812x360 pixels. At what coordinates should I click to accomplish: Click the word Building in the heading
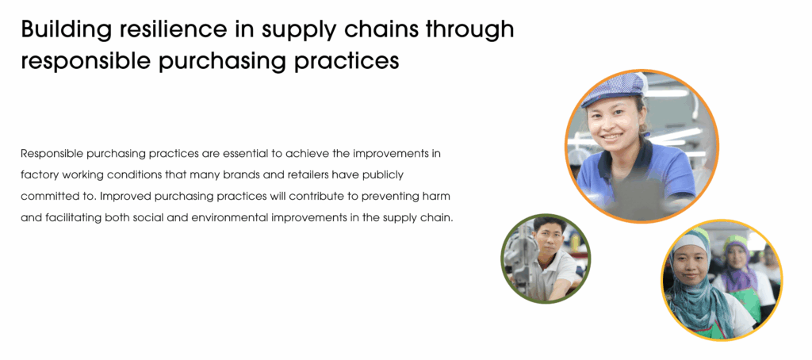(x=66, y=30)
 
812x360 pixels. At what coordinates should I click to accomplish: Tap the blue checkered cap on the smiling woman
(x=613, y=88)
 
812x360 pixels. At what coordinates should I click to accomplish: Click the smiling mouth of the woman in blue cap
(x=612, y=138)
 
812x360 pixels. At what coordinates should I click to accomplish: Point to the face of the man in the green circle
(x=549, y=239)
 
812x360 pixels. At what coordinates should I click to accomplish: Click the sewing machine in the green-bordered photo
(x=519, y=255)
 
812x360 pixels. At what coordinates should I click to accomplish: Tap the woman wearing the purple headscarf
(x=739, y=270)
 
